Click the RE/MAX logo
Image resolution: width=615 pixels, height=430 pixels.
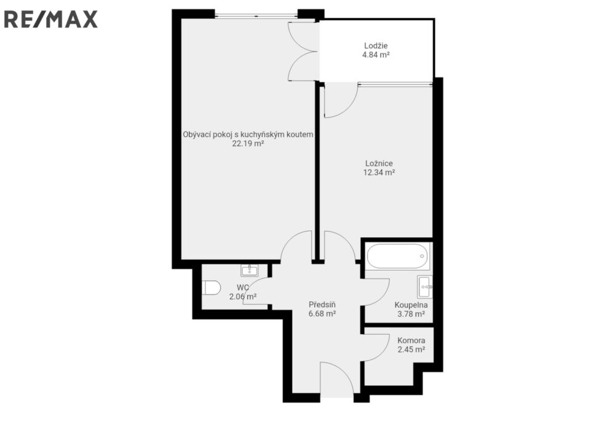(x=50, y=20)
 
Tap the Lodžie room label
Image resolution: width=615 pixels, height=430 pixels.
(x=376, y=46)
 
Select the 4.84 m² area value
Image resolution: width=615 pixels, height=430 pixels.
(x=376, y=55)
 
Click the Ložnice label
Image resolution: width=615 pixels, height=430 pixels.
(x=379, y=163)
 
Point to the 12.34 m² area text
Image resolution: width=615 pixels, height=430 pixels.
(x=379, y=173)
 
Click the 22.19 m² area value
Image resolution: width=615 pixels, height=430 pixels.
(x=248, y=144)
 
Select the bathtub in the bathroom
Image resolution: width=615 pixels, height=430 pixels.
(x=398, y=257)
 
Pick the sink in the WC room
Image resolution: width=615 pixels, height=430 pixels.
(x=250, y=270)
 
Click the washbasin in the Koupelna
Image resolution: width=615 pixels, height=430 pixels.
(x=425, y=287)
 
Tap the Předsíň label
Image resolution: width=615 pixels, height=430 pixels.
(x=322, y=305)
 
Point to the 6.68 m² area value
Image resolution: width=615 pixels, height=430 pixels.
(x=322, y=314)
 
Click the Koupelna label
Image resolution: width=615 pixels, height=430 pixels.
(x=411, y=305)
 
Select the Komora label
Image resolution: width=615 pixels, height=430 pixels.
(x=411, y=341)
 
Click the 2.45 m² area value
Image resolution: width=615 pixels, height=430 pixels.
(x=411, y=350)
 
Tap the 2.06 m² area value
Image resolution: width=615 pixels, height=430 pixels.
(x=243, y=297)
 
